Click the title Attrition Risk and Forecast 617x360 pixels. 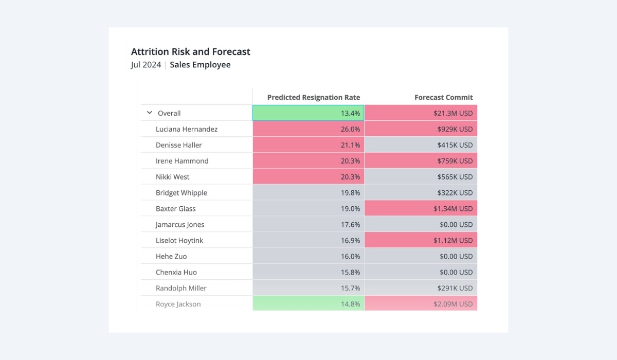tap(191, 51)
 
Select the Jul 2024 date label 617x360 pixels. tap(146, 65)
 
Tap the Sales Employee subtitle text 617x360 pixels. tap(200, 65)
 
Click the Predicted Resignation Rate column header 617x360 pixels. tap(314, 97)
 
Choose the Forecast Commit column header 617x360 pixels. tap(444, 97)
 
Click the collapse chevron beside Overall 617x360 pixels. tap(150, 113)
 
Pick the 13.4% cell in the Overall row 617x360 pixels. tap(308, 113)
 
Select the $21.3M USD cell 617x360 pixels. tap(421, 113)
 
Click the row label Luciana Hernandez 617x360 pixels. tap(187, 129)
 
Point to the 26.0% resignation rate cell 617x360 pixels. tap(308, 129)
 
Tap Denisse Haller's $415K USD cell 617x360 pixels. tap(421, 145)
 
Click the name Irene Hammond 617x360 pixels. tap(182, 161)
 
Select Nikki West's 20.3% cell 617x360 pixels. tap(308, 177)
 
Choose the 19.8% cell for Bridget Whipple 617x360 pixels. tap(308, 193)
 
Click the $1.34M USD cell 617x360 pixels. tap(421, 209)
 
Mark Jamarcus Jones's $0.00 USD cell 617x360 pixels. tap(421, 225)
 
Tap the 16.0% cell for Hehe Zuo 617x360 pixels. tap(308, 257)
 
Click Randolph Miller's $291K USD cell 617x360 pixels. tap(421, 289)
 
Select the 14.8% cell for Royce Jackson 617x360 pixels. tap(308, 304)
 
